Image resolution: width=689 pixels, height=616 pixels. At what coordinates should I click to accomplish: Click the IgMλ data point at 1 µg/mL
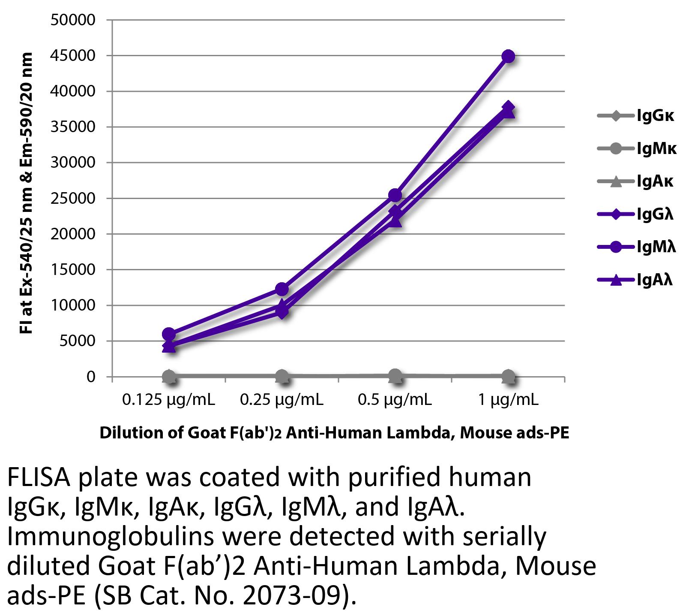508,56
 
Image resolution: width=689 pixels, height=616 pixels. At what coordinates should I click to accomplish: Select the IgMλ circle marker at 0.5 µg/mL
395,195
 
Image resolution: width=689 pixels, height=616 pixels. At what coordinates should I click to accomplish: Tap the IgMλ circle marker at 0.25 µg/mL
282,289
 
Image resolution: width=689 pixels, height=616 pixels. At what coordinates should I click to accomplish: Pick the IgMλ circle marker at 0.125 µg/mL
169,334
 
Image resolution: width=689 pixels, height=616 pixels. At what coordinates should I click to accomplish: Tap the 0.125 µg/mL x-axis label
168,400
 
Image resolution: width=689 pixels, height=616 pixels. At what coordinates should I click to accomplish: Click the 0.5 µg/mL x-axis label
395,400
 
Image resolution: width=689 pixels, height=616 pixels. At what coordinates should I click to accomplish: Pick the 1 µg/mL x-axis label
508,400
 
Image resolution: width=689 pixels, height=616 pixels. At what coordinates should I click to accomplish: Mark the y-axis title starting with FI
26,193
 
